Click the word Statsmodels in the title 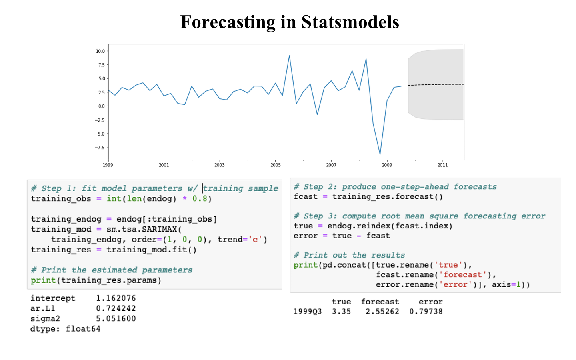point(350,22)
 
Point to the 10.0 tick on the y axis point(100,51)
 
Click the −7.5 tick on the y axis point(99,148)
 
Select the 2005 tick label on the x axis point(276,165)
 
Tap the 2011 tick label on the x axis point(442,165)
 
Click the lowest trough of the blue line point(380,154)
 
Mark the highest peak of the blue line point(289,56)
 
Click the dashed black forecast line point(436,84)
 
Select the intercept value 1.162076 point(116,298)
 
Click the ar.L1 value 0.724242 point(116,308)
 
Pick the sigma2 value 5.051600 point(116,319)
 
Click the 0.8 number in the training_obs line point(200,199)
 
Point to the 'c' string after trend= point(255,240)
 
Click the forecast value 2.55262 point(382,312)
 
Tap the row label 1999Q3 point(307,312)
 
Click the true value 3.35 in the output point(341,312)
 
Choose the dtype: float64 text point(65,329)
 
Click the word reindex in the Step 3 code point(373,226)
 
